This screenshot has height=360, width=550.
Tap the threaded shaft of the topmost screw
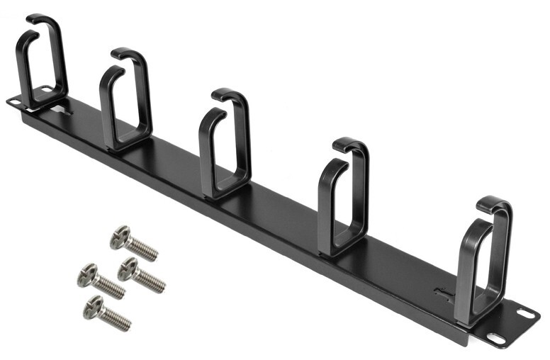144,249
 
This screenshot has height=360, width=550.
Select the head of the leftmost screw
86,274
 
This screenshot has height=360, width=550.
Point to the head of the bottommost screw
94,305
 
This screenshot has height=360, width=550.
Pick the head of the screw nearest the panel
128,267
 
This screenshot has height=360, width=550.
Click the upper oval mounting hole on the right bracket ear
524,312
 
